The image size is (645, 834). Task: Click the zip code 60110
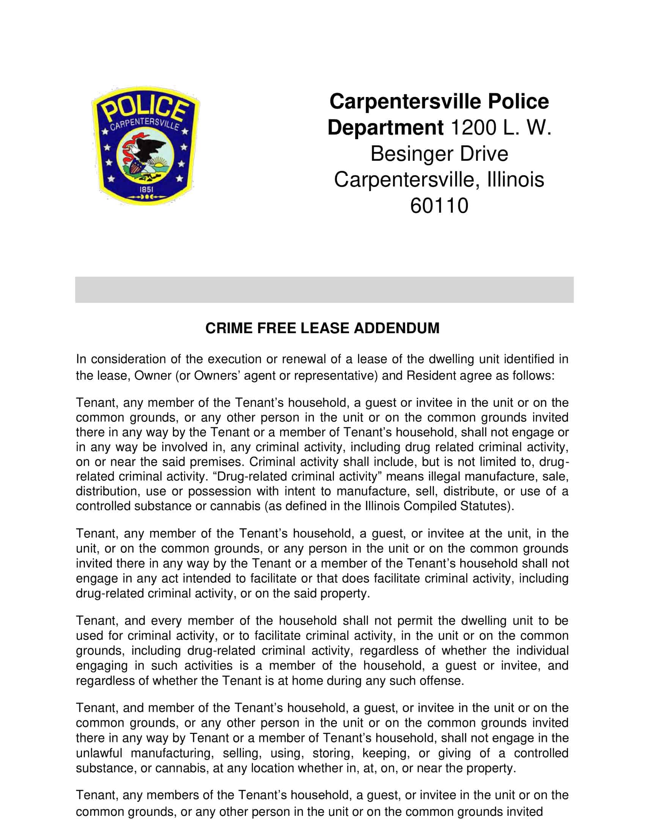pos(439,205)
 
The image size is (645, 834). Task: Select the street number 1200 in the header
pos(473,127)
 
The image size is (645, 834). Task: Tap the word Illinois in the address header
pos(516,179)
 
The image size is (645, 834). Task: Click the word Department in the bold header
pos(385,127)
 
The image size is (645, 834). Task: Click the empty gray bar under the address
pos(324,290)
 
